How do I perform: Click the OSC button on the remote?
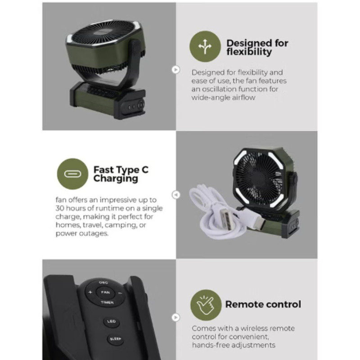click(103, 283)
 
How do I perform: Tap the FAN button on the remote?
click(105, 292)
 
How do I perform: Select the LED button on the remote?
click(111, 321)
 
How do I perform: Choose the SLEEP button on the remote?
click(115, 339)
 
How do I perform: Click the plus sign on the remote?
click(90, 292)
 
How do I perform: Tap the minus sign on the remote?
click(120, 293)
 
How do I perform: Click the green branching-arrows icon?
click(205, 46)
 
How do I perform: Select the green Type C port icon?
click(72, 174)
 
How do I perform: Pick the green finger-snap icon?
click(206, 305)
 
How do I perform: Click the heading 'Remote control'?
click(263, 304)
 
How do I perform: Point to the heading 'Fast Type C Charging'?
click(121, 174)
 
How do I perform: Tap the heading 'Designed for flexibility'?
click(257, 47)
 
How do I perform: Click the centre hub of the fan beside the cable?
click(258, 177)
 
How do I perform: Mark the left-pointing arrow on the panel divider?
click(176, 195)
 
